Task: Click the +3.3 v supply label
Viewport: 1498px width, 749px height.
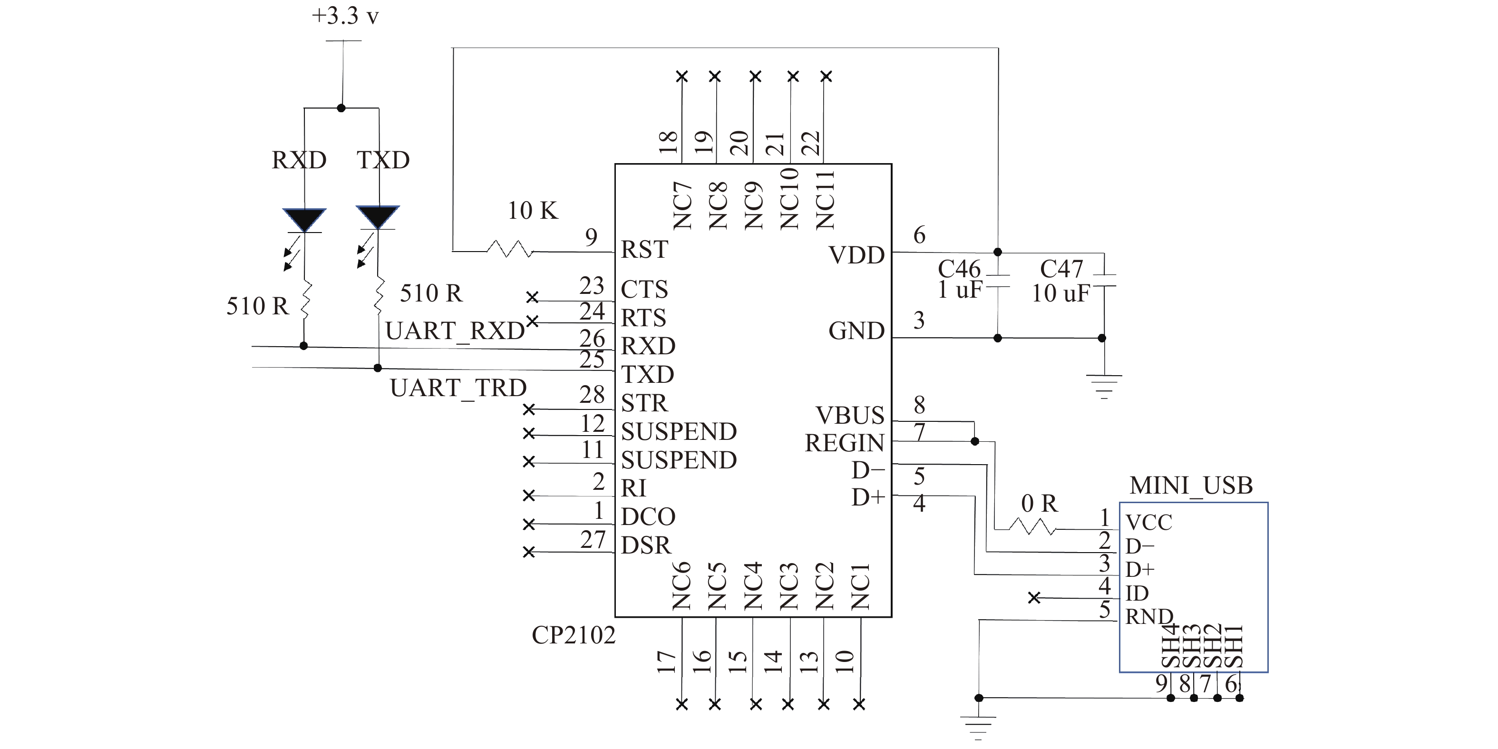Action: coord(345,16)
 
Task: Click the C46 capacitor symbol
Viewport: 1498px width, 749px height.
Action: coord(997,281)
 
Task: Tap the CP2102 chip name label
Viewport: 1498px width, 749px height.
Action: coord(574,635)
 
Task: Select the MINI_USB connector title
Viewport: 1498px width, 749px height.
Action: coord(1191,486)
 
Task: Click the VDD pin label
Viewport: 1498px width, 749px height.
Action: coord(856,255)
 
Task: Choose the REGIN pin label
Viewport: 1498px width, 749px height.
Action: coord(845,443)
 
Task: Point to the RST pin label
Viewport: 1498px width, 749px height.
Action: coord(644,250)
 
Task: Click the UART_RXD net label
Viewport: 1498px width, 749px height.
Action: coord(455,331)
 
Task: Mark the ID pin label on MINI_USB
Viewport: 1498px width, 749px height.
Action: coord(1137,593)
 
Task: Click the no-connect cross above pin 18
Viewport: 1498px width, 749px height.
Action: coord(682,76)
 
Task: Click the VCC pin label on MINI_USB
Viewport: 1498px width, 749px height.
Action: coord(1148,522)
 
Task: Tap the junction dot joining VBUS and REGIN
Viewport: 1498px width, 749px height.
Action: coord(975,441)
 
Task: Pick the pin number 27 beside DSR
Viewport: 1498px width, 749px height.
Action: coord(593,540)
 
